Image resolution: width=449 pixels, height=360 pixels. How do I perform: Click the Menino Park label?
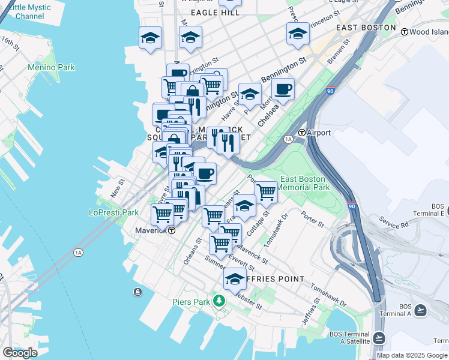point(51,67)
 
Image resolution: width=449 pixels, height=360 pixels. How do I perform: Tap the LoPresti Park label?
point(113,212)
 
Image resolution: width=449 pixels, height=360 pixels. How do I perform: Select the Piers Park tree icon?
point(220,300)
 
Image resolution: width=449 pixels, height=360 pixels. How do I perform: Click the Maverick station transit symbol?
point(172,230)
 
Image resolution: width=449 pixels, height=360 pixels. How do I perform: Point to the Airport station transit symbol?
point(303,133)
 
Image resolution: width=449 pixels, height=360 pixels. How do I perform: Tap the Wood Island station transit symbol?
point(405,31)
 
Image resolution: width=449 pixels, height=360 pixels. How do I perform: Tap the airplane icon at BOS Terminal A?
point(420,310)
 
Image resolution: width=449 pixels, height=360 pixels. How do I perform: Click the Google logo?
point(20,353)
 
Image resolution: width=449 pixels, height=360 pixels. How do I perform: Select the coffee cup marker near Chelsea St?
point(283,89)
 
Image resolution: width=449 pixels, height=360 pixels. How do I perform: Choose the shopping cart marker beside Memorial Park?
point(265,192)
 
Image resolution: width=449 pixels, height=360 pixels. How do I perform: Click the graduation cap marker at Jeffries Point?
point(235,278)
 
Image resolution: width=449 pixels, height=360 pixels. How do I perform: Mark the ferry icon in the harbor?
point(138,292)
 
